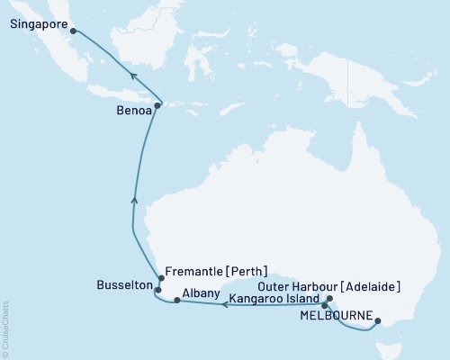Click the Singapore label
tap(39, 25)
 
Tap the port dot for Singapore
tap(73, 33)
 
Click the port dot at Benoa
tap(157, 106)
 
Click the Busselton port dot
tap(157, 290)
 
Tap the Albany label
tap(199, 292)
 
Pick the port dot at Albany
tap(176, 300)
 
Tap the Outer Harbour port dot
tap(329, 298)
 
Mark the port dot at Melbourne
tap(377, 320)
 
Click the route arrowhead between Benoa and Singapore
tap(132, 78)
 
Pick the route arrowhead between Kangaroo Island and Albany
tap(225, 305)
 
